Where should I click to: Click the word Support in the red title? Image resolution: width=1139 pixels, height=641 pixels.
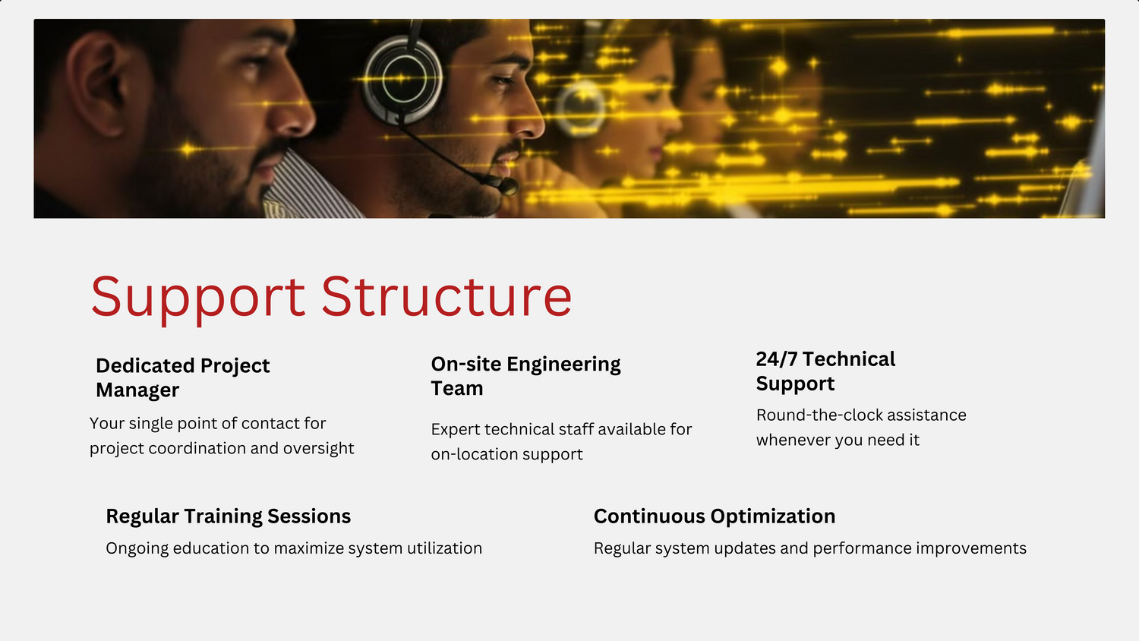coord(198,298)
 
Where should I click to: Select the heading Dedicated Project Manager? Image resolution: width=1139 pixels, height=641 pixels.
coord(182,378)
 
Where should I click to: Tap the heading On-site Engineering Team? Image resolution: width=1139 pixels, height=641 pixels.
coord(525,376)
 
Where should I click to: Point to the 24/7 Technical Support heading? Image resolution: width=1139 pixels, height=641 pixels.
coord(825,371)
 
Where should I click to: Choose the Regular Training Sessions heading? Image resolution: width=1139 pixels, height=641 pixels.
coord(229,516)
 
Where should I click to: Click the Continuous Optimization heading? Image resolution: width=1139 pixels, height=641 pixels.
coord(715,516)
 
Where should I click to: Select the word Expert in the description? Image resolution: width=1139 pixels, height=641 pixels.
coord(455,430)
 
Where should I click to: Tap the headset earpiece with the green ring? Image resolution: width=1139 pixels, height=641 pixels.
coord(403,79)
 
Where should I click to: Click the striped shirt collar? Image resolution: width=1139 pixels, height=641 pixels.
coord(308,188)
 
